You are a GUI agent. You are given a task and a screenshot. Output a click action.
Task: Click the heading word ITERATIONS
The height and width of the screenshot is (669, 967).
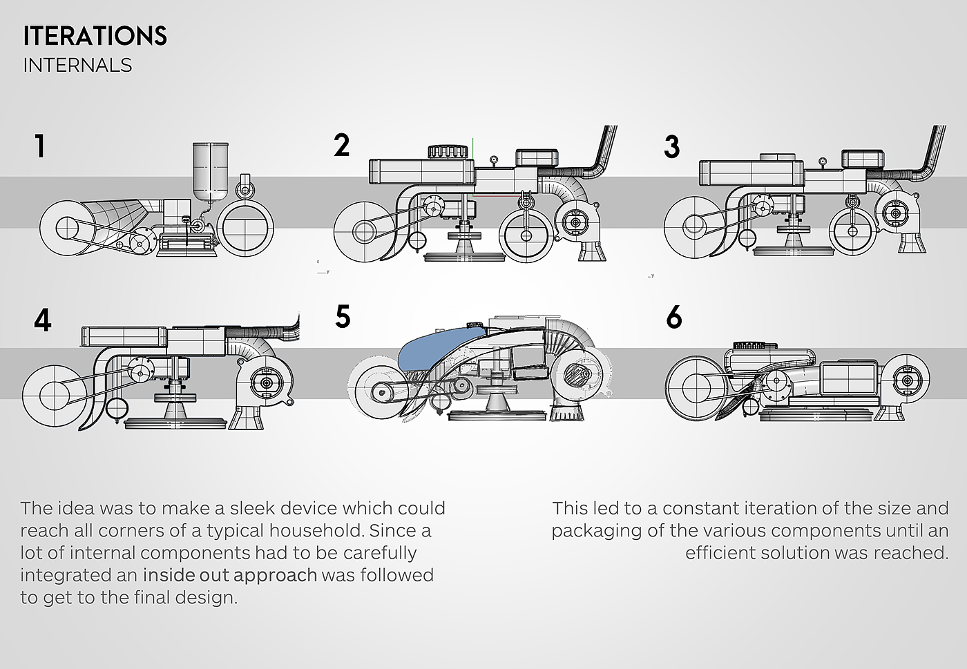click(95, 36)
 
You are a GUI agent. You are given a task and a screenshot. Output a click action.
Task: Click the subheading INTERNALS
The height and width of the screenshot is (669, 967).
click(77, 65)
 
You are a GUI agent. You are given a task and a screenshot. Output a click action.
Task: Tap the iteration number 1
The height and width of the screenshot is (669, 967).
click(40, 146)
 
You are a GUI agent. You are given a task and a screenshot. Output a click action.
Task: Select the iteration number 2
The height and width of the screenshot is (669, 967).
click(341, 146)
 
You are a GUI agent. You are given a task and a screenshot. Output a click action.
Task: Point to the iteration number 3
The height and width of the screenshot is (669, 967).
click(671, 147)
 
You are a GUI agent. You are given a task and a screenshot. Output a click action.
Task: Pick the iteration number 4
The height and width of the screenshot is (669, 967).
click(42, 321)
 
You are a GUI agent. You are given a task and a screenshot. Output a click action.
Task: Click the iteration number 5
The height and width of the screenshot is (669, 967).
click(343, 317)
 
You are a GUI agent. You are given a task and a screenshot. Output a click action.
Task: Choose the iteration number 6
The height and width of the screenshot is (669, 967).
click(674, 318)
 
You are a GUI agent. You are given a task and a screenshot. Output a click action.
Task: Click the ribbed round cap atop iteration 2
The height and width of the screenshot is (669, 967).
click(449, 151)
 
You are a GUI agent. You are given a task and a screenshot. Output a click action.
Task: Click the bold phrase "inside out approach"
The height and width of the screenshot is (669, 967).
click(229, 575)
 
